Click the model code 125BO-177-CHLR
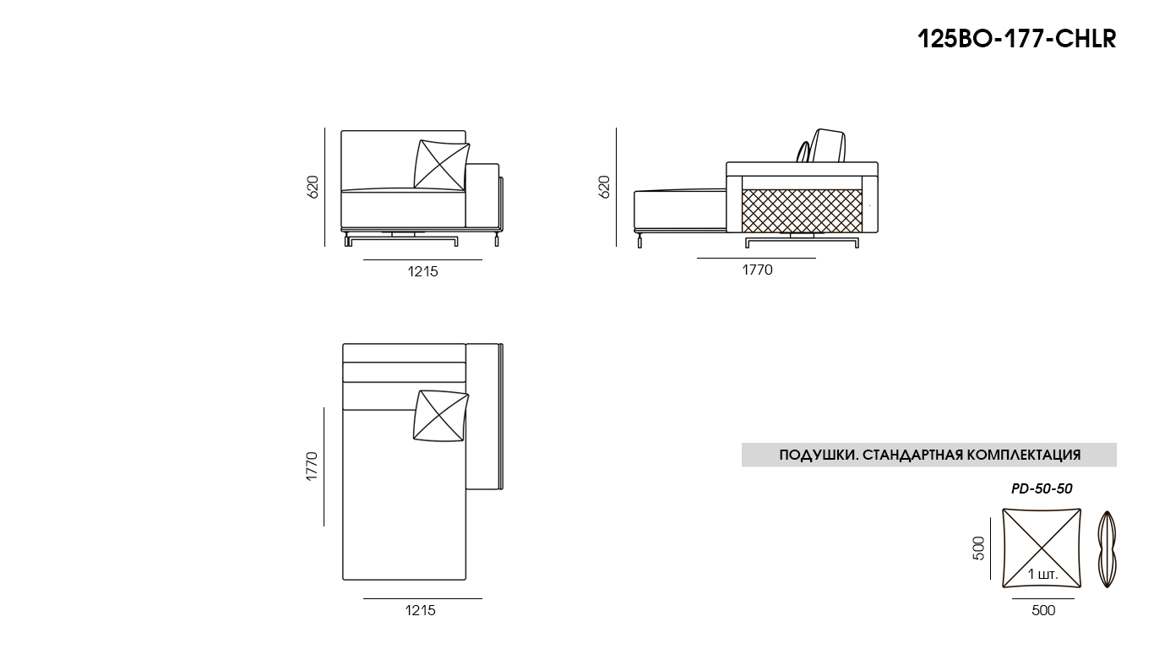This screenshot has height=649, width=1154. [x=1017, y=39]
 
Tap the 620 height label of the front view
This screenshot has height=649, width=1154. [x=313, y=187]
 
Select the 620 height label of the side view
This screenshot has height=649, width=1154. [x=604, y=187]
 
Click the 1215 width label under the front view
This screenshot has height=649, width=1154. [x=422, y=271]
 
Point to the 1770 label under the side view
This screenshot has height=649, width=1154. [x=757, y=270]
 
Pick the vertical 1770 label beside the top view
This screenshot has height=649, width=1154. [x=313, y=466]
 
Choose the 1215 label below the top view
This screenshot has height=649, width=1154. [x=421, y=610]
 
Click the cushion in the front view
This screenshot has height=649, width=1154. [x=442, y=165]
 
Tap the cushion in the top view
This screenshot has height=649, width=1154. [x=441, y=416]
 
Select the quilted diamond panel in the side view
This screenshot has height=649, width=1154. [x=802, y=210]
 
